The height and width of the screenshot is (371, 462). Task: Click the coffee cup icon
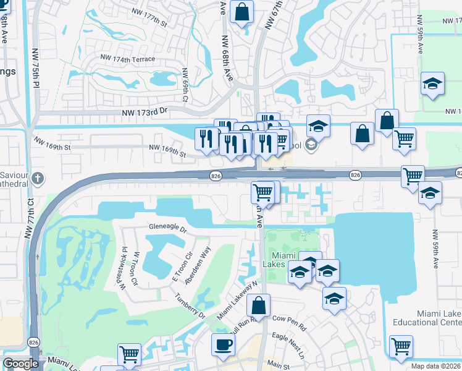point(223,344)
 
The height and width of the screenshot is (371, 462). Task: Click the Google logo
point(20,364)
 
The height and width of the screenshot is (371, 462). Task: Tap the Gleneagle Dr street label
point(167,228)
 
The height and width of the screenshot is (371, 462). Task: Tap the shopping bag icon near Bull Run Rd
point(259,305)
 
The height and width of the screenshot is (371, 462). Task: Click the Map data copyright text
point(435,366)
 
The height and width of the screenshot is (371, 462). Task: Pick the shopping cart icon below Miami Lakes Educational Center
point(401,346)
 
